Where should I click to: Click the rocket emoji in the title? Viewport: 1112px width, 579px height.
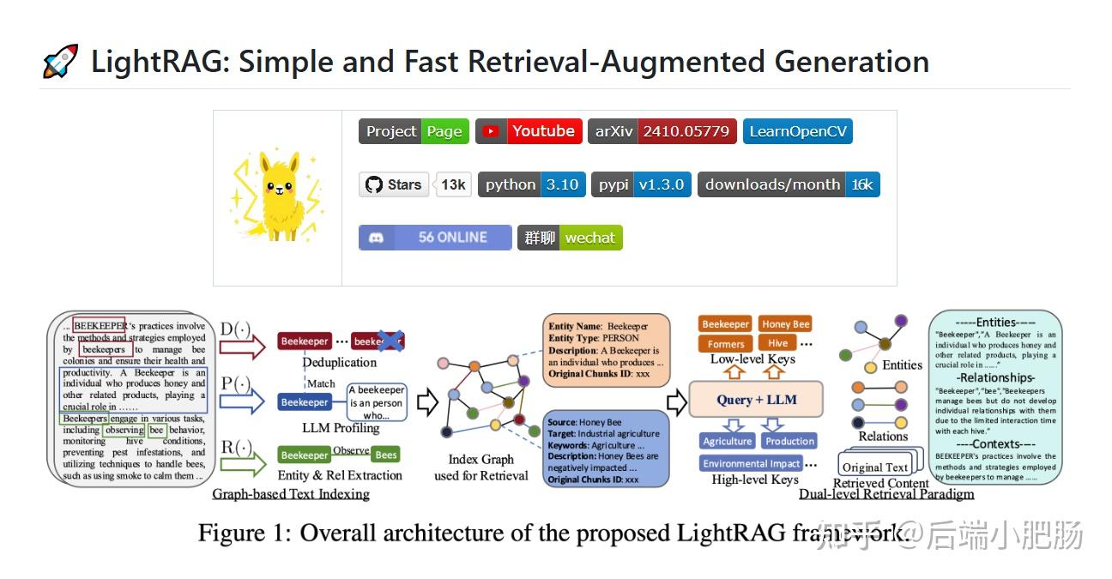click(60, 62)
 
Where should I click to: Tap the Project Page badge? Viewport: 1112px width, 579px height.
click(414, 131)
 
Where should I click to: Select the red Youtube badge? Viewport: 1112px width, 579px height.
click(529, 131)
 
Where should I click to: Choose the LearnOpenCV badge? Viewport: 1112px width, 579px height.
click(797, 131)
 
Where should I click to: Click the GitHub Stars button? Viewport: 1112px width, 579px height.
click(394, 184)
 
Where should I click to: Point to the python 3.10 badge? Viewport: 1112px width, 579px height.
click(532, 184)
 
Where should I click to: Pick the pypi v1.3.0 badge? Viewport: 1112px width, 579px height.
click(641, 184)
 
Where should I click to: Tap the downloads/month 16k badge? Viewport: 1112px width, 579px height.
click(789, 184)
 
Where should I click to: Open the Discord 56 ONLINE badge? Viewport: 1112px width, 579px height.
click(435, 238)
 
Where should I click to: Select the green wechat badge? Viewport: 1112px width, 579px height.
click(570, 238)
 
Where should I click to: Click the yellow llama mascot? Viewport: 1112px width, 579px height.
click(277, 196)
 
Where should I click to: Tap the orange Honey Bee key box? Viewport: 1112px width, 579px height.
click(786, 324)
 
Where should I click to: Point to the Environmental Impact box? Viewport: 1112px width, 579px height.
click(751, 463)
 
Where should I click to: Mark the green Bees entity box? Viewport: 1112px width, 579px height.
click(386, 455)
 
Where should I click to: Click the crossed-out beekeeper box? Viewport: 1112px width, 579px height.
click(378, 341)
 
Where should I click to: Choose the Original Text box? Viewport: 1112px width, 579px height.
click(874, 467)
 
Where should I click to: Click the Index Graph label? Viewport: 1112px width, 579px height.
click(480, 461)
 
